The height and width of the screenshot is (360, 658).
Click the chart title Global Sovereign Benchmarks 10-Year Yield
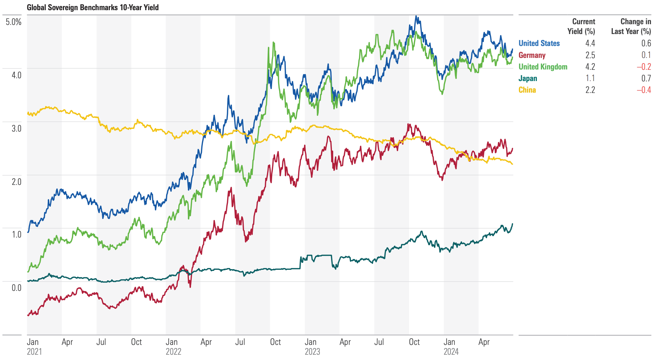click(93, 7)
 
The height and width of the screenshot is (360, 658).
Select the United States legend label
click(539, 43)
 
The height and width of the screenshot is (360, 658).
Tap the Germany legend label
click(532, 55)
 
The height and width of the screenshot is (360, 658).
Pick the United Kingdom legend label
click(542, 67)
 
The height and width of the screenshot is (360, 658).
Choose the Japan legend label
click(527, 78)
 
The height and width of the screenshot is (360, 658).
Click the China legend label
click(527, 90)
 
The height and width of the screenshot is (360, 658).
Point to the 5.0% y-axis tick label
click(14, 22)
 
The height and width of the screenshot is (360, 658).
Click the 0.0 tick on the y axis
click(16, 288)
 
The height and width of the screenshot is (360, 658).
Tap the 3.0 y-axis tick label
click(16, 128)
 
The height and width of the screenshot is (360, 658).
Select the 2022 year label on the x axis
click(173, 352)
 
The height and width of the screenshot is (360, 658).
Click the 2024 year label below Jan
click(451, 352)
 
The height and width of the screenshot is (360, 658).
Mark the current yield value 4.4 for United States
click(590, 43)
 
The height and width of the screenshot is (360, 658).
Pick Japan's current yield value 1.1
click(590, 78)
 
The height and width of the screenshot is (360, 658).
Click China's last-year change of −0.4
click(644, 90)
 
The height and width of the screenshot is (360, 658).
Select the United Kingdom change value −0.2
click(644, 67)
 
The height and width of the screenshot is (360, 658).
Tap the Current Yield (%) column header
click(581, 26)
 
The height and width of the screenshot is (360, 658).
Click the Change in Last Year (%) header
click(631, 26)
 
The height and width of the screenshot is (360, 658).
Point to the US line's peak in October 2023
click(416, 16)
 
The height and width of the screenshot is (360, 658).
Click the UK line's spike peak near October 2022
click(273, 42)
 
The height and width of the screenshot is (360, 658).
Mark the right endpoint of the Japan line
click(512, 224)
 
